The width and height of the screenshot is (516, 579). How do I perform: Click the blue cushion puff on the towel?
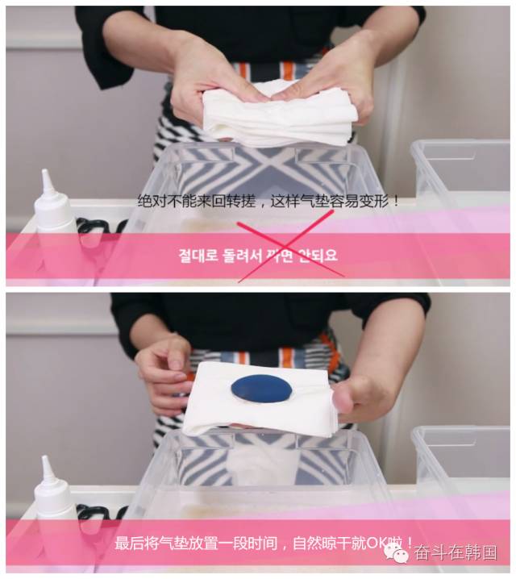coord(263,389)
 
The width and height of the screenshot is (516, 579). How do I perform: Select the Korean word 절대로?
coord(198,256)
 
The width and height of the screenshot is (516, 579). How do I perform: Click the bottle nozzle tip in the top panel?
coord(47,175)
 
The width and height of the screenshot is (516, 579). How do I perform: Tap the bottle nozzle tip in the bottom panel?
coord(47,461)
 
